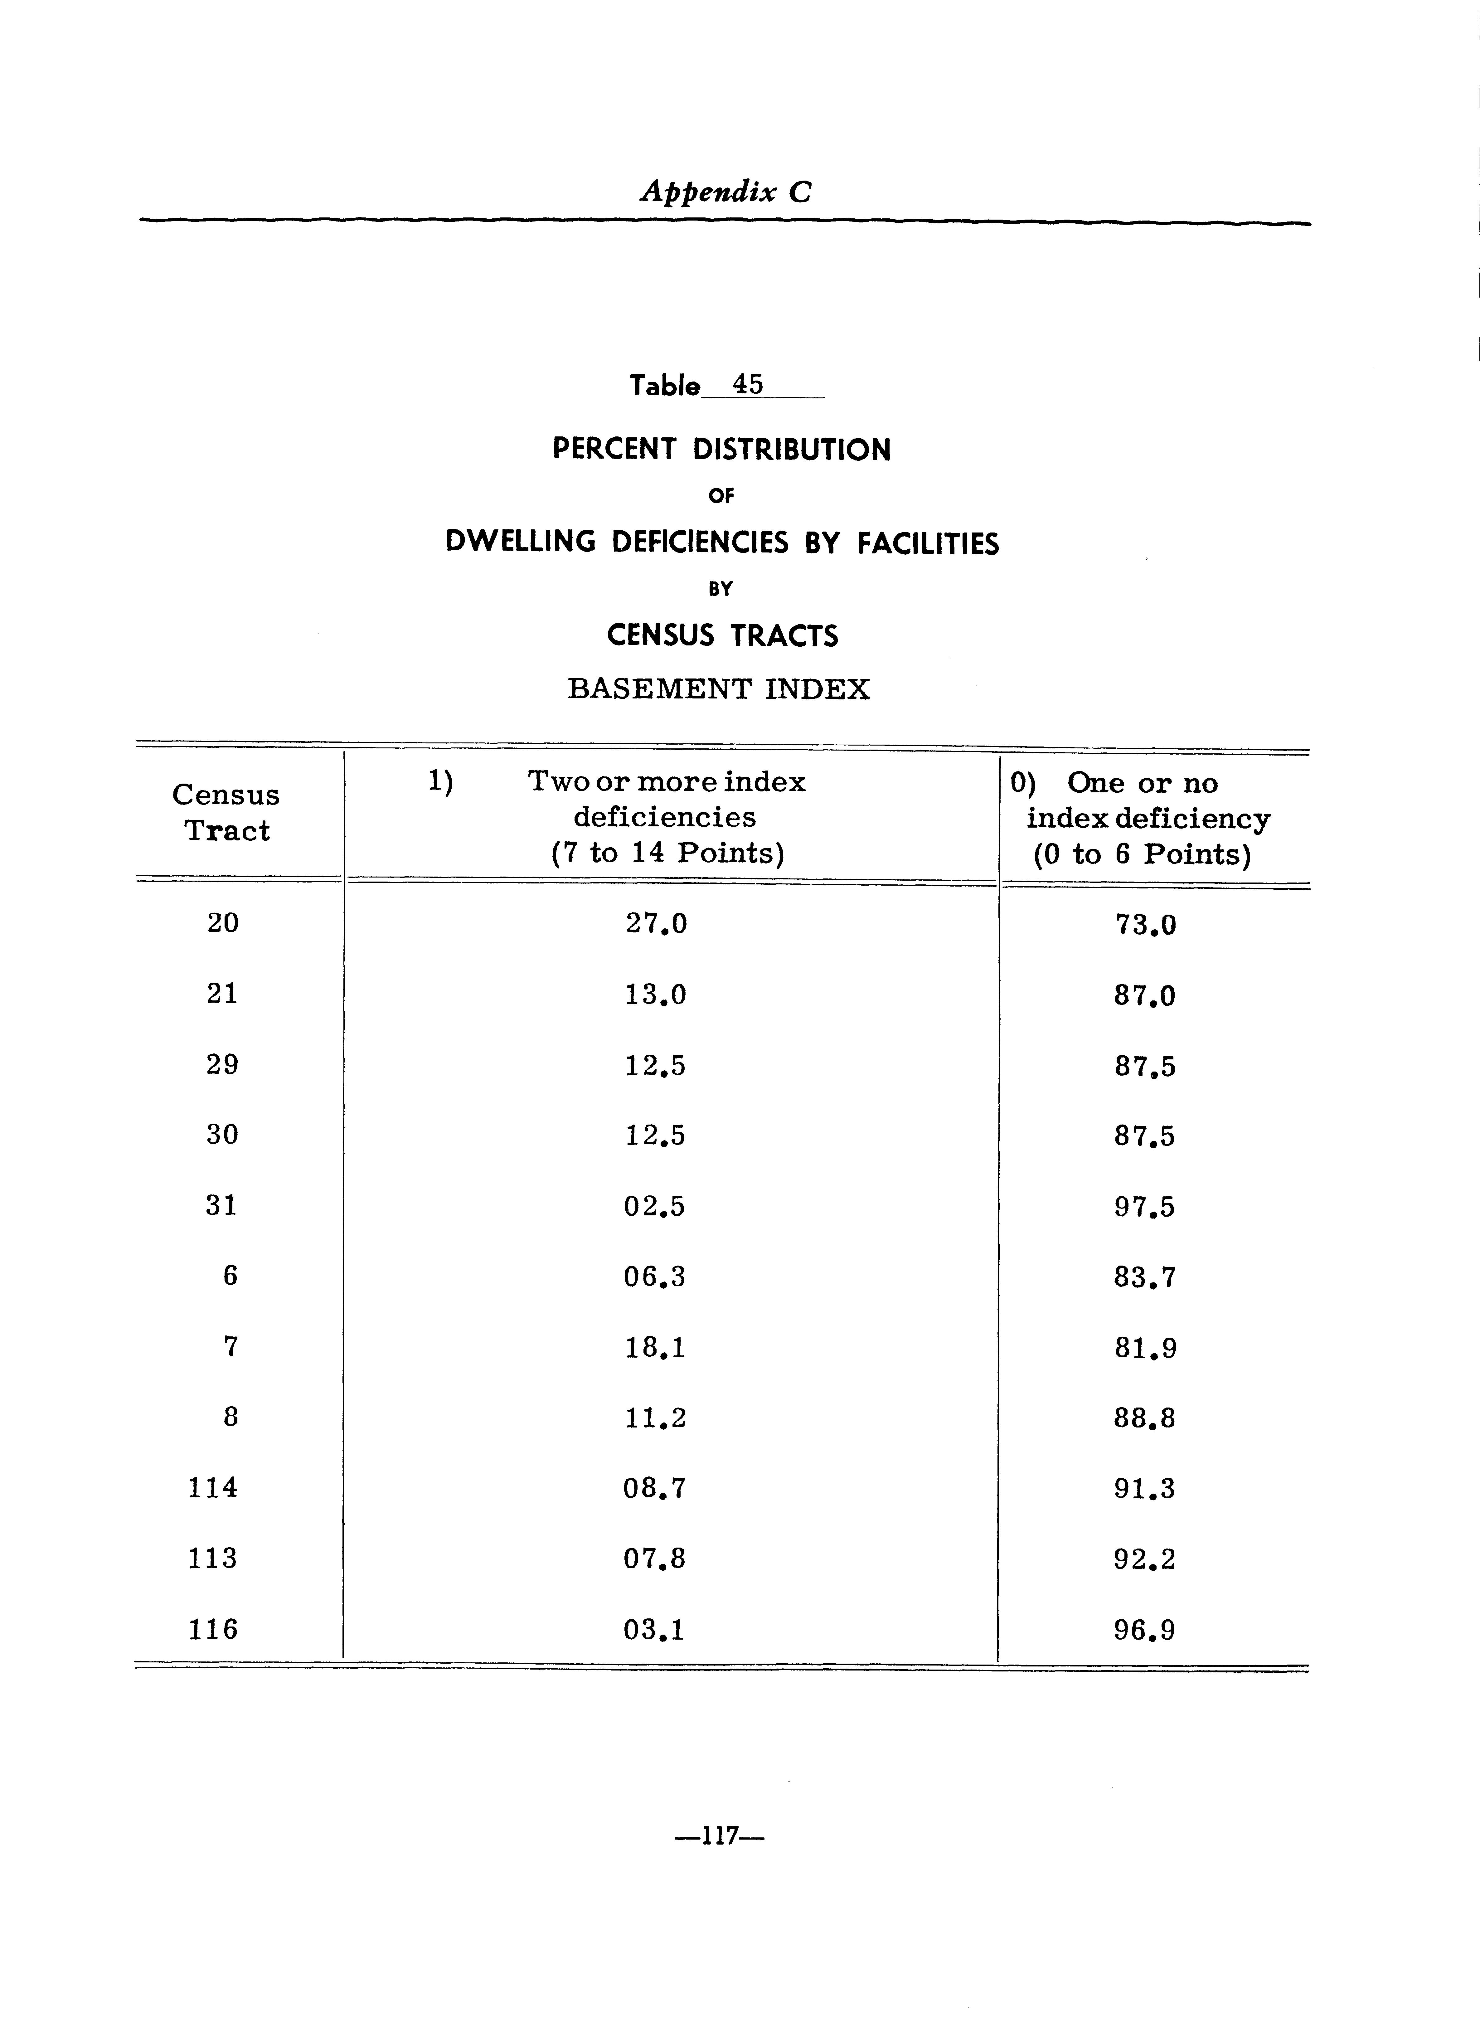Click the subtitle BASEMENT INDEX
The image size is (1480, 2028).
tap(719, 689)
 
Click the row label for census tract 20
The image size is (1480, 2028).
tap(223, 923)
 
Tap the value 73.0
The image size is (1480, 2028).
tap(1145, 924)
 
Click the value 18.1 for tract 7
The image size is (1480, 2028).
tap(655, 1347)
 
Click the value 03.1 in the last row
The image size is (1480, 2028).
tap(654, 1629)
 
